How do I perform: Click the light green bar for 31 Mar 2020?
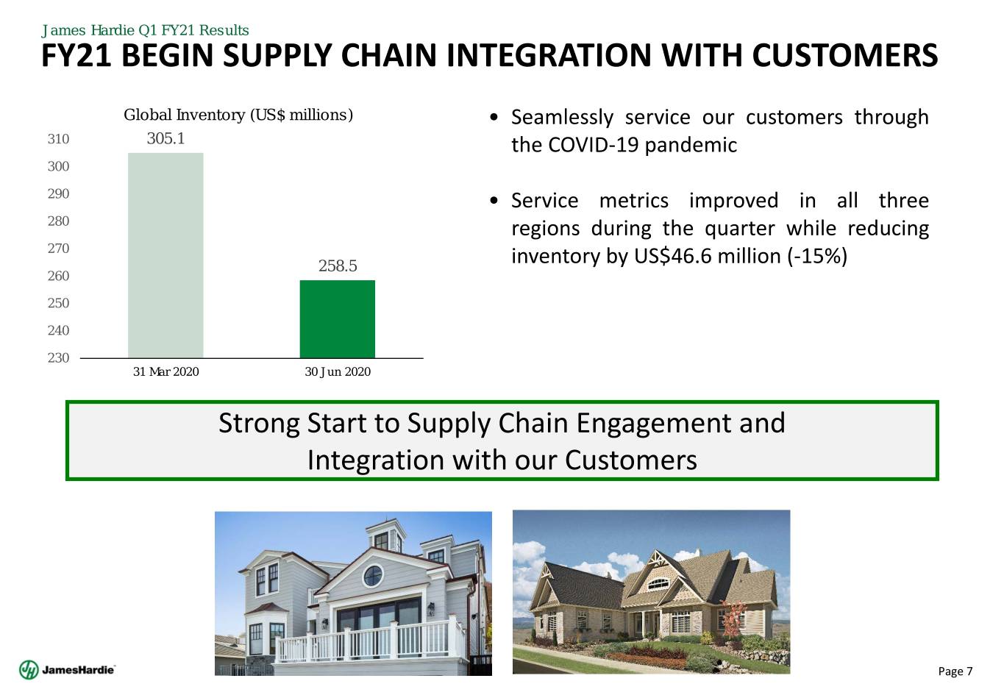pos(165,255)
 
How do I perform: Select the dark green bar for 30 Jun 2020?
pos(337,319)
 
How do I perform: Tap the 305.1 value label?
pos(165,138)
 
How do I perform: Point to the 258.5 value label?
pos(338,265)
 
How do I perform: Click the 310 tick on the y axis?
pos(58,139)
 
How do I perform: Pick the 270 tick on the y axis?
pos(58,249)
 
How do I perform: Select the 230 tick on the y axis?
pos(58,357)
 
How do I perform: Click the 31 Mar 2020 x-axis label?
pos(165,371)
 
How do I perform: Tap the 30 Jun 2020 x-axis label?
pos(338,371)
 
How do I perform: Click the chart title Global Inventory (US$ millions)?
pos(238,115)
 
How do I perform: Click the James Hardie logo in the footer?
pos(67,670)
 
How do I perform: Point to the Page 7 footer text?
pos(955,671)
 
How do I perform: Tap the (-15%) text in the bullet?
pos(817,257)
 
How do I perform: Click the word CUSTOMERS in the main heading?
pos(844,56)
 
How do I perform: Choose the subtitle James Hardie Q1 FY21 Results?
pos(145,30)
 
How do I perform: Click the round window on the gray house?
pos(373,576)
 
